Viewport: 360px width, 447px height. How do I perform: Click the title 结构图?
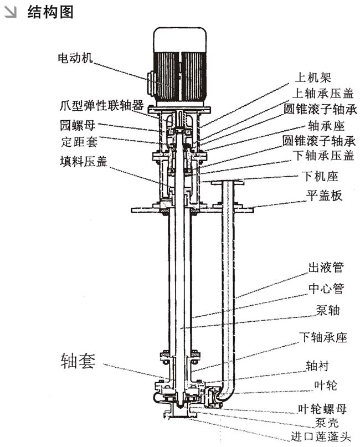point(50,12)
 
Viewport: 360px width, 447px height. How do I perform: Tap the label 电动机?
point(76,57)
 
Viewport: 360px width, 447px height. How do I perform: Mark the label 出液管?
point(326,269)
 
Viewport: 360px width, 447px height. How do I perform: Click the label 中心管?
point(326,289)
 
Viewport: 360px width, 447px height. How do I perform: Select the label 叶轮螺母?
point(322,409)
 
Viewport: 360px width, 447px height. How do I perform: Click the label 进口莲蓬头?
point(321,437)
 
